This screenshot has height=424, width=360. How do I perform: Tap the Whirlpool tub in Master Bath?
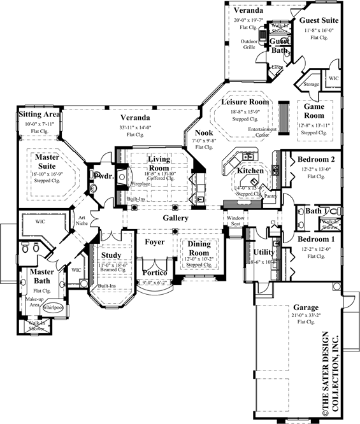52,307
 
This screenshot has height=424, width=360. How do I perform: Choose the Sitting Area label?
39,115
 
